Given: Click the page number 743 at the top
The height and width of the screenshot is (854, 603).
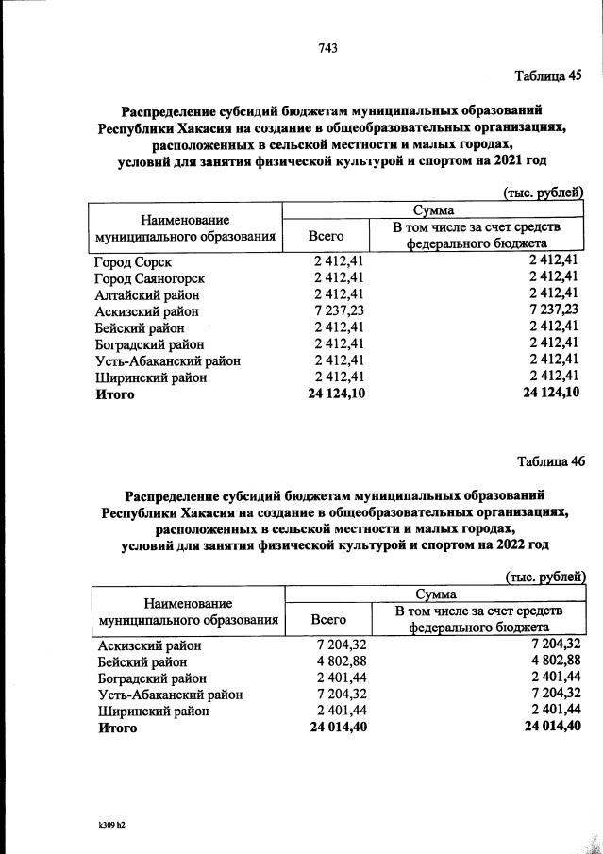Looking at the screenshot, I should click(x=328, y=47).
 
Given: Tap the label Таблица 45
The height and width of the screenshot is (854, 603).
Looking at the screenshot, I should click(x=549, y=75).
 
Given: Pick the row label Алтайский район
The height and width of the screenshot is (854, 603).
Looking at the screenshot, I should click(x=147, y=293).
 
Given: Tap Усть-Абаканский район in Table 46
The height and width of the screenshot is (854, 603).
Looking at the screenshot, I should click(x=171, y=694).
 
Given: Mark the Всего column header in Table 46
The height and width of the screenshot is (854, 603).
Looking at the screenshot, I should click(x=327, y=619).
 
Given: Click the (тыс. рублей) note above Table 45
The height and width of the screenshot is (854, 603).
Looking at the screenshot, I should click(x=543, y=192).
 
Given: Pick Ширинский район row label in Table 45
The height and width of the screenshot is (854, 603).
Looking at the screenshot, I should click(x=150, y=377).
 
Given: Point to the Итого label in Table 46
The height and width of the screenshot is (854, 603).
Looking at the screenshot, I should click(x=118, y=727).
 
